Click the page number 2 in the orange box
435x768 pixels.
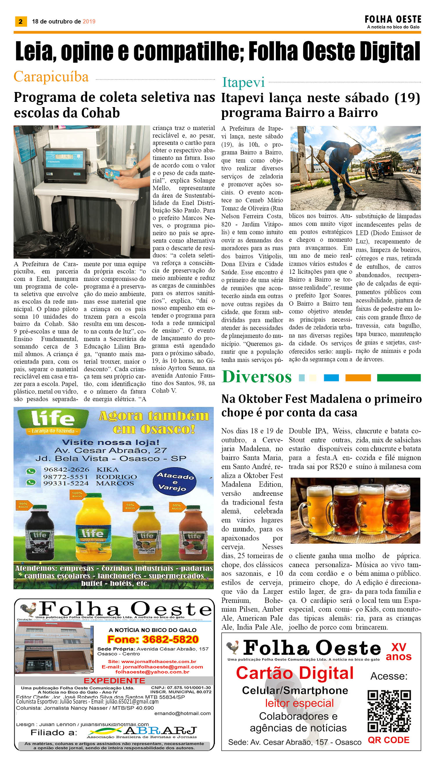[x=21, y=21]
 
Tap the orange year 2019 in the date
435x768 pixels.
[x=89, y=21]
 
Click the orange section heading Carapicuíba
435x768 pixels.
[x=51, y=77]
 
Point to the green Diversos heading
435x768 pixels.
[x=257, y=376]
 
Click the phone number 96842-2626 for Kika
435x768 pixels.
[x=66, y=470]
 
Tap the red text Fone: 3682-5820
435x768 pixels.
[x=153, y=639]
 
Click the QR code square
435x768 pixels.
[x=389, y=711]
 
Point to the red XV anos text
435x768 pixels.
[x=398, y=652]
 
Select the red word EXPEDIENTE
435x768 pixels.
[x=114, y=681]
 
